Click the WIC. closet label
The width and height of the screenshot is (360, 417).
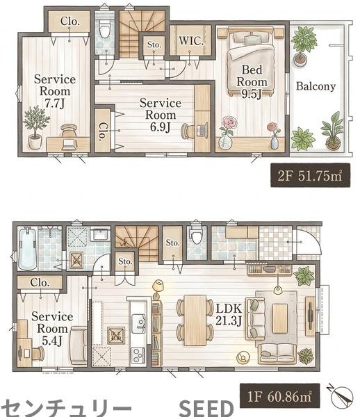(191, 41)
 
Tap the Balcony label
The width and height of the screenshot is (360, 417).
(316, 86)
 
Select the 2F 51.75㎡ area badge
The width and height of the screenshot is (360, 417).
(310, 175)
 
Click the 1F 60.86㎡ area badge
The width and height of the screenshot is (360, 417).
(279, 397)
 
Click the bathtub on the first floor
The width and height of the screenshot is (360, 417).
(27, 248)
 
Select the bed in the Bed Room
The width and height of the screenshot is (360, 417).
(250, 62)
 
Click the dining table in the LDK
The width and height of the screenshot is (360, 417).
(195, 320)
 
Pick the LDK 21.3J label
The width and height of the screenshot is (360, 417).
(229, 315)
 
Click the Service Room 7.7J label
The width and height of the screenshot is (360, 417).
(55, 91)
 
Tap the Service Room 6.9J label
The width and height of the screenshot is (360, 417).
(161, 115)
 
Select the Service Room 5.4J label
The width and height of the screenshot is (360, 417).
(52, 329)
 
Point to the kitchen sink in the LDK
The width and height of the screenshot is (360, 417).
(138, 322)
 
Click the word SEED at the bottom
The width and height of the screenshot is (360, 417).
(206, 409)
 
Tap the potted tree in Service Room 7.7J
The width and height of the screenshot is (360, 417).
(35, 127)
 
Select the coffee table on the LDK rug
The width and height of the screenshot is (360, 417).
(279, 318)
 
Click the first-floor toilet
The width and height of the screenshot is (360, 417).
(197, 236)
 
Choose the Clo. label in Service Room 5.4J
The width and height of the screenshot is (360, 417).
(40, 282)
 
